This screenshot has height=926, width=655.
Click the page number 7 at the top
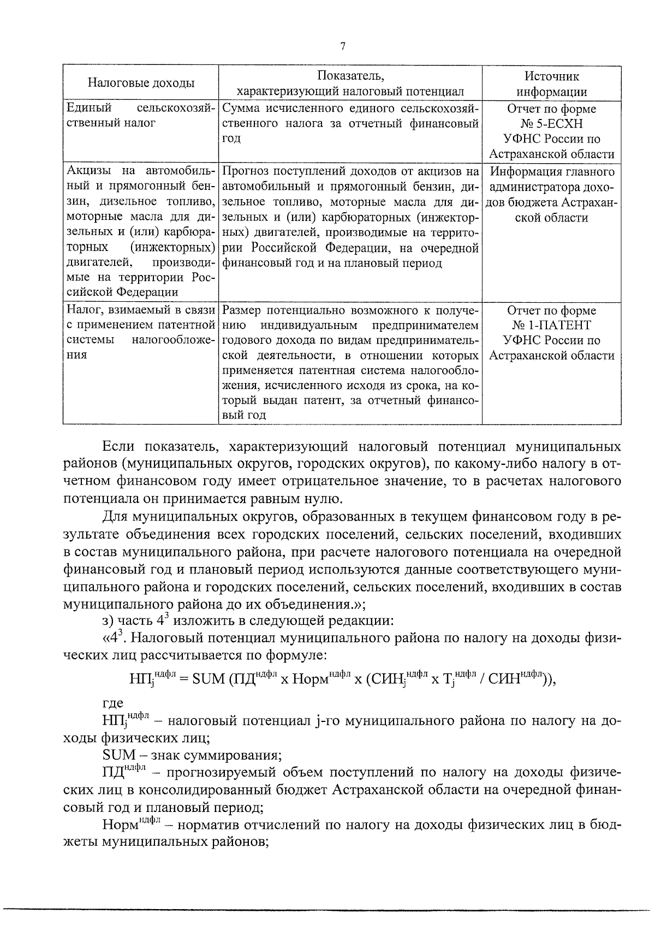click(342, 47)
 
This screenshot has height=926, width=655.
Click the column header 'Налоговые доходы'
click(141, 83)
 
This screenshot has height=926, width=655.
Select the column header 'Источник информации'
click(551, 83)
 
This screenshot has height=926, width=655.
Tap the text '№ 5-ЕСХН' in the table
click(552, 124)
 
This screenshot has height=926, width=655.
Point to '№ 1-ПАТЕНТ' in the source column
click(552, 326)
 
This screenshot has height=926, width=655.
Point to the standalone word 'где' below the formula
click(112, 703)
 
